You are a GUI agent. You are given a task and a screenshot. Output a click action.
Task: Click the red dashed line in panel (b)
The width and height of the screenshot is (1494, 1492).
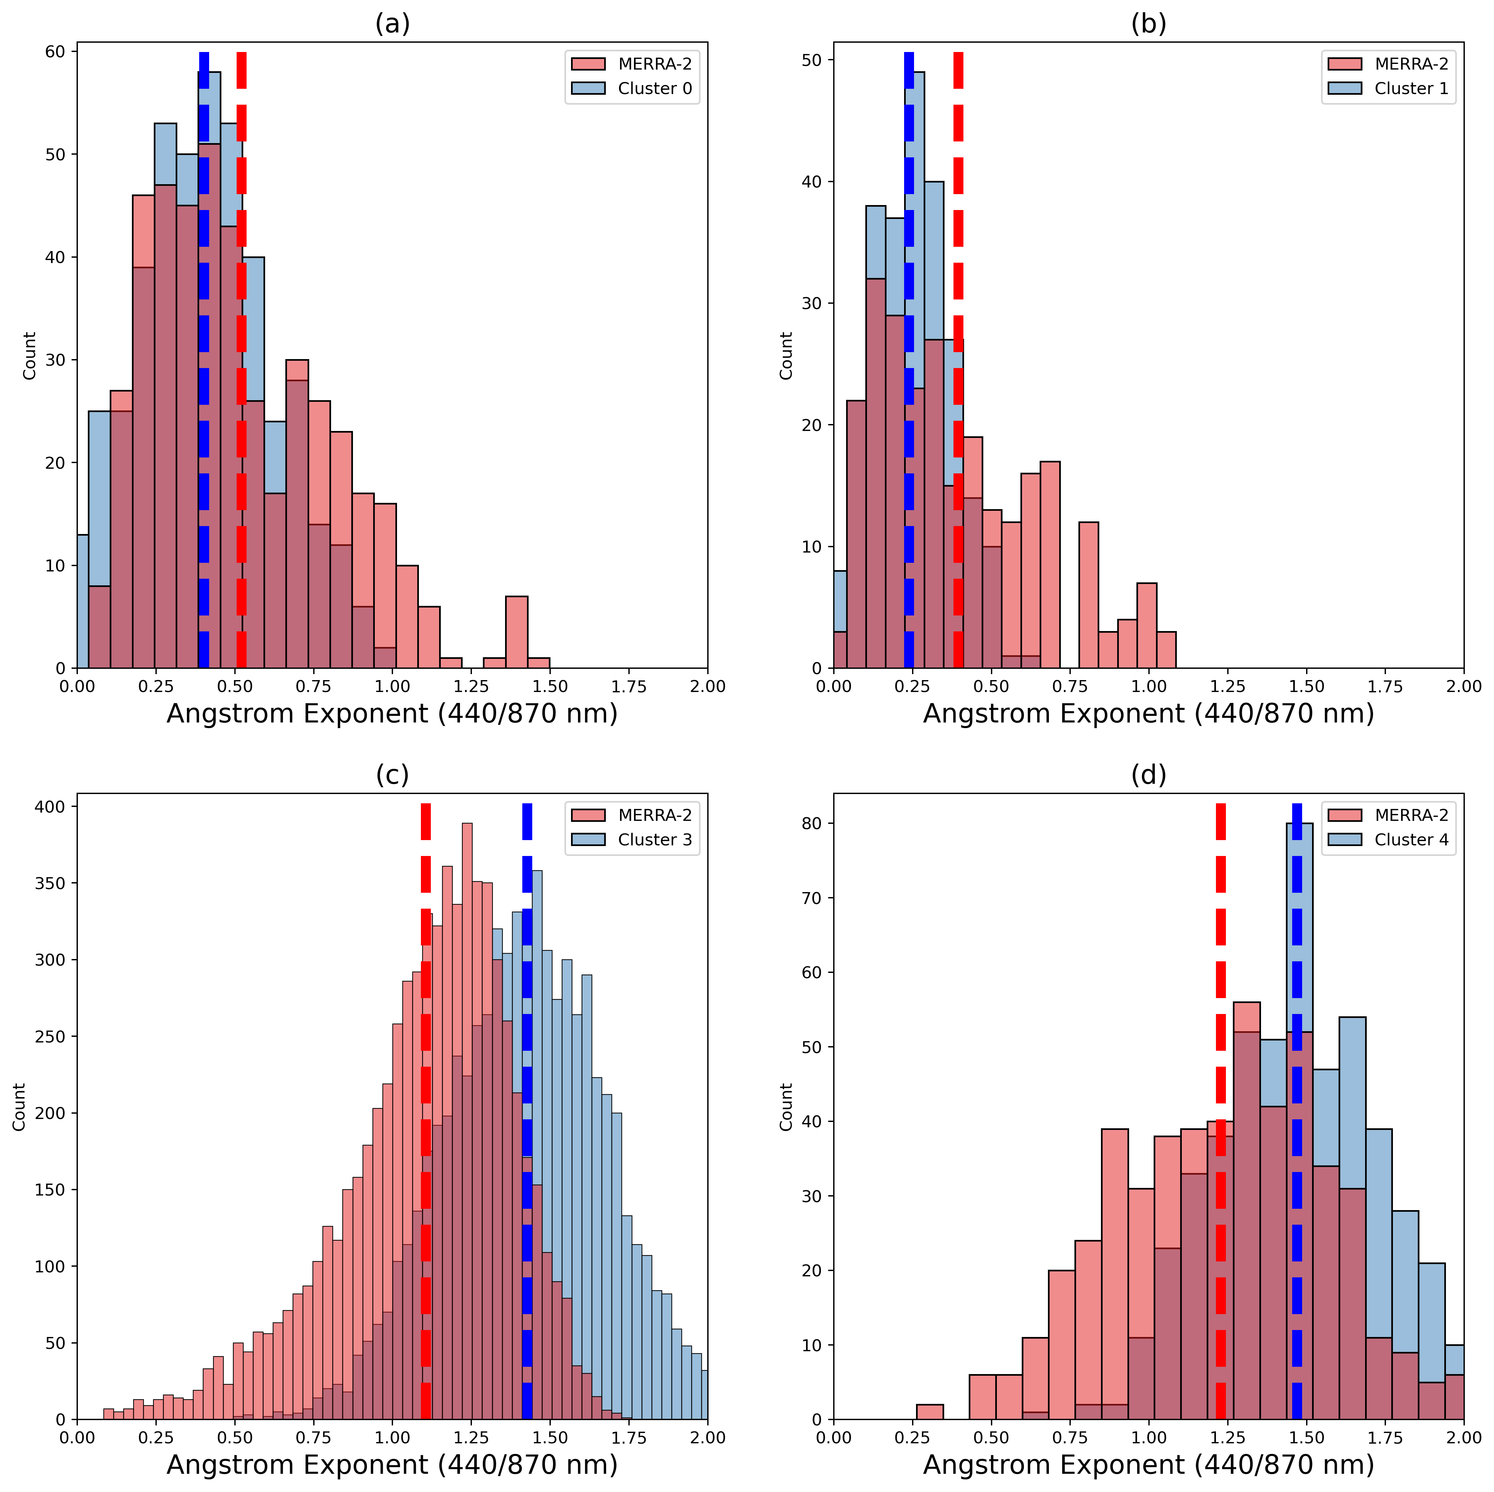click(x=958, y=348)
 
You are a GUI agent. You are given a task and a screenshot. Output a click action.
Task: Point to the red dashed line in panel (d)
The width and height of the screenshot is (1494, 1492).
click(x=1220, y=1082)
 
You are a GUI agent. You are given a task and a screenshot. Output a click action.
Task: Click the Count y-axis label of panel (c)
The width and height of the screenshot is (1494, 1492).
click(x=19, y=1107)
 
